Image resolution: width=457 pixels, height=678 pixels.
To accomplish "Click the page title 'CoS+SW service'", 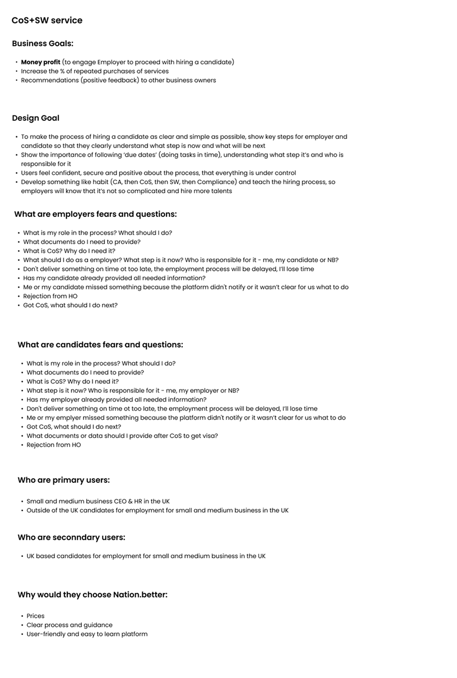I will tap(47, 20).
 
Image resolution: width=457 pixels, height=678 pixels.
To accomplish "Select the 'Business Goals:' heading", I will tap(42, 43).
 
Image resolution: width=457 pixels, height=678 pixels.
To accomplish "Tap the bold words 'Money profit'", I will tap(40, 62).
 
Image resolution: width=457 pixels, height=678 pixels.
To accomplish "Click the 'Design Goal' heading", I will tap(36, 118).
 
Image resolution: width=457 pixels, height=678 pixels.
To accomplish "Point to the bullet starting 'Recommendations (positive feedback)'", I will tap(118, 80).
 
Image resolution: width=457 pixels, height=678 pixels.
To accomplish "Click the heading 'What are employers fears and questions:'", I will tap(95, 214).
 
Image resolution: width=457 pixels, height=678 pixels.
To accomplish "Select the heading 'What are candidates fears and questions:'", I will tap(100, 345).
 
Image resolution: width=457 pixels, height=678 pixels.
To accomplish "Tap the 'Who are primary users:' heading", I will tap(63, 480).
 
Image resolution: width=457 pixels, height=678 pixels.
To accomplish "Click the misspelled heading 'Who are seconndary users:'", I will tap(71, 537).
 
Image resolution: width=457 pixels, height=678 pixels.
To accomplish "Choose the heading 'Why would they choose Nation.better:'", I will tap(92, 594).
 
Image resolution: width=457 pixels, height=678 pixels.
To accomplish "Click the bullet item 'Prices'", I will tap(36, 616).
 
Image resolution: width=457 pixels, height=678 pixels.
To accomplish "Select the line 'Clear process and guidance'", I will tap(69, 625).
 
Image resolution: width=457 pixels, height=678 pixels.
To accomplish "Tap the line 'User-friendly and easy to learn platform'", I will tap(87, 634).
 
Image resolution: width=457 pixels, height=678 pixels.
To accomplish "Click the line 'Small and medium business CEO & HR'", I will tap(98, 501).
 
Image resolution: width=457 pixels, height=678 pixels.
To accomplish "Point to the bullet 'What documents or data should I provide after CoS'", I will tap(122, 436).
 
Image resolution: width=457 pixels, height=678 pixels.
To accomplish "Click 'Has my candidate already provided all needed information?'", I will tap(114, 278).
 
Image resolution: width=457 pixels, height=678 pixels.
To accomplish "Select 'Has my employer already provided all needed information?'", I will tap(116, 400).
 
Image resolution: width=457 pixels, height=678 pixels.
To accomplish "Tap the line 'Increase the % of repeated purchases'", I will tap(95, 71).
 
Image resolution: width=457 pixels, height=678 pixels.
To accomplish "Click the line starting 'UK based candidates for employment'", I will tap(146, 556).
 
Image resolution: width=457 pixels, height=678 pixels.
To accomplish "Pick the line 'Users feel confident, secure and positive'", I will tap(158, 173).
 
